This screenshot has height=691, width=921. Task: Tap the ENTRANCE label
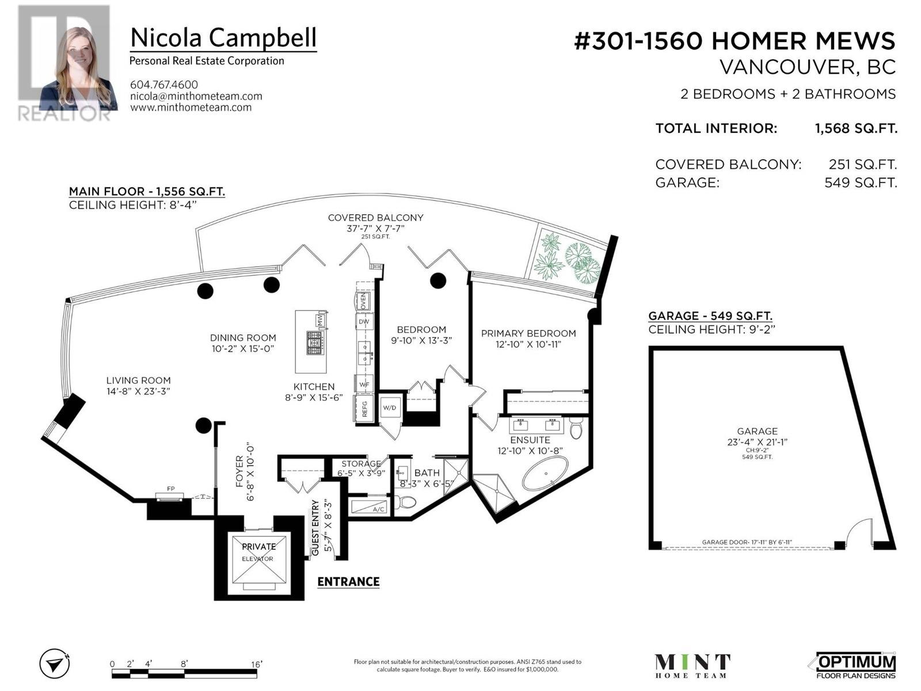tap(348, 582)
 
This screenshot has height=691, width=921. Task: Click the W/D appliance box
tap(390, 408)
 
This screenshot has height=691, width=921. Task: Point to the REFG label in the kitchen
tap(364, 409)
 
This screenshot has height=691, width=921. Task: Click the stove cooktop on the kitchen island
tap(315, 343)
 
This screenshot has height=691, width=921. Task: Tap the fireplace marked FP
tap(170, 496)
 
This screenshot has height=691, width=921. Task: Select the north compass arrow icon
tap(55, 665)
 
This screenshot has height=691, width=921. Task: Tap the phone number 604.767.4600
tap(164, 85)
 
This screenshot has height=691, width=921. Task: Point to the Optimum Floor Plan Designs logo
tap(855, 666)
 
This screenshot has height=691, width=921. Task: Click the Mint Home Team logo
tap(692, 666)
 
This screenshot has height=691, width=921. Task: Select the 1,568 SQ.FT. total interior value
tap(855, 128)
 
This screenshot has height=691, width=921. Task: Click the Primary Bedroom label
tap(528, 333)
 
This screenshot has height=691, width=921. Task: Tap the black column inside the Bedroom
tap(438, 280)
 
